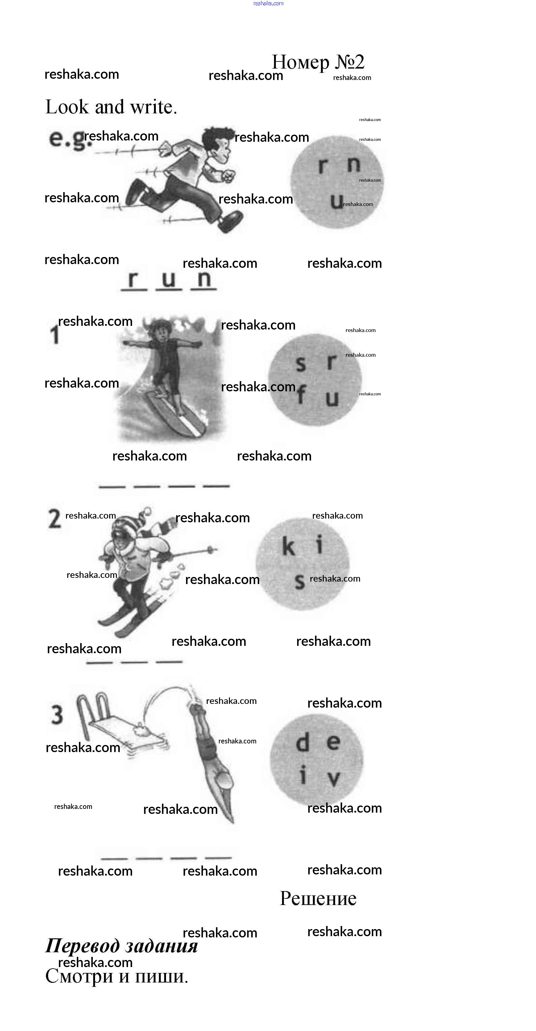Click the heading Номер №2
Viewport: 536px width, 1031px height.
pyautogui.click(x=318, y=62)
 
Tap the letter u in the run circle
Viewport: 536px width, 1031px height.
pyautogui.click(x=337, y=200)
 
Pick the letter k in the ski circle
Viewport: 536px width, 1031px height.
pyautogui.click(x=288, y=546)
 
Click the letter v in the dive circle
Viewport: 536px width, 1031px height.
pyautogui.click(x=334, y=778)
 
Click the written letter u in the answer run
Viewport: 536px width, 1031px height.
pyautogui.click(x=168, y=279)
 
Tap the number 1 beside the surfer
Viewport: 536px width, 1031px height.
pyautogui.click(x=54, y=334)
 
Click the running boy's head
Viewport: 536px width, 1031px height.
pyautogui.click(x=216, y=142)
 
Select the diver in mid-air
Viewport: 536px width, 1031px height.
pyautogui.click(x=212, y=756)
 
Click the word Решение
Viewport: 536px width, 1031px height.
pyautogui.click(x=318, y=898)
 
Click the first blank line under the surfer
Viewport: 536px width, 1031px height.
pyautogui.click(x=112, y=487)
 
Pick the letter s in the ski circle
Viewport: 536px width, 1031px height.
pyautogui.click(x=300, y=582)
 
